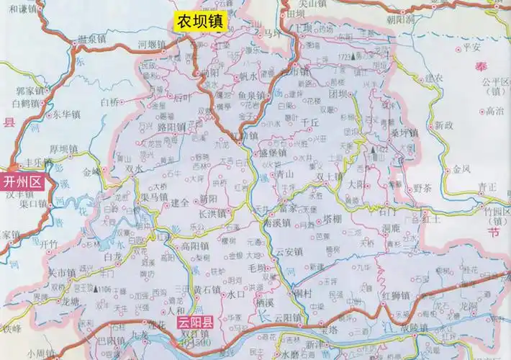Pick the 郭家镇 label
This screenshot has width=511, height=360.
click(x=30, y=91)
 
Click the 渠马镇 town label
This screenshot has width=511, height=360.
click(x=154, y=195)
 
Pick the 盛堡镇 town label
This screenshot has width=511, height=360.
click(x=273, y=153)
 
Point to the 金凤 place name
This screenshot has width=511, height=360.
click(x=461, y=170)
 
